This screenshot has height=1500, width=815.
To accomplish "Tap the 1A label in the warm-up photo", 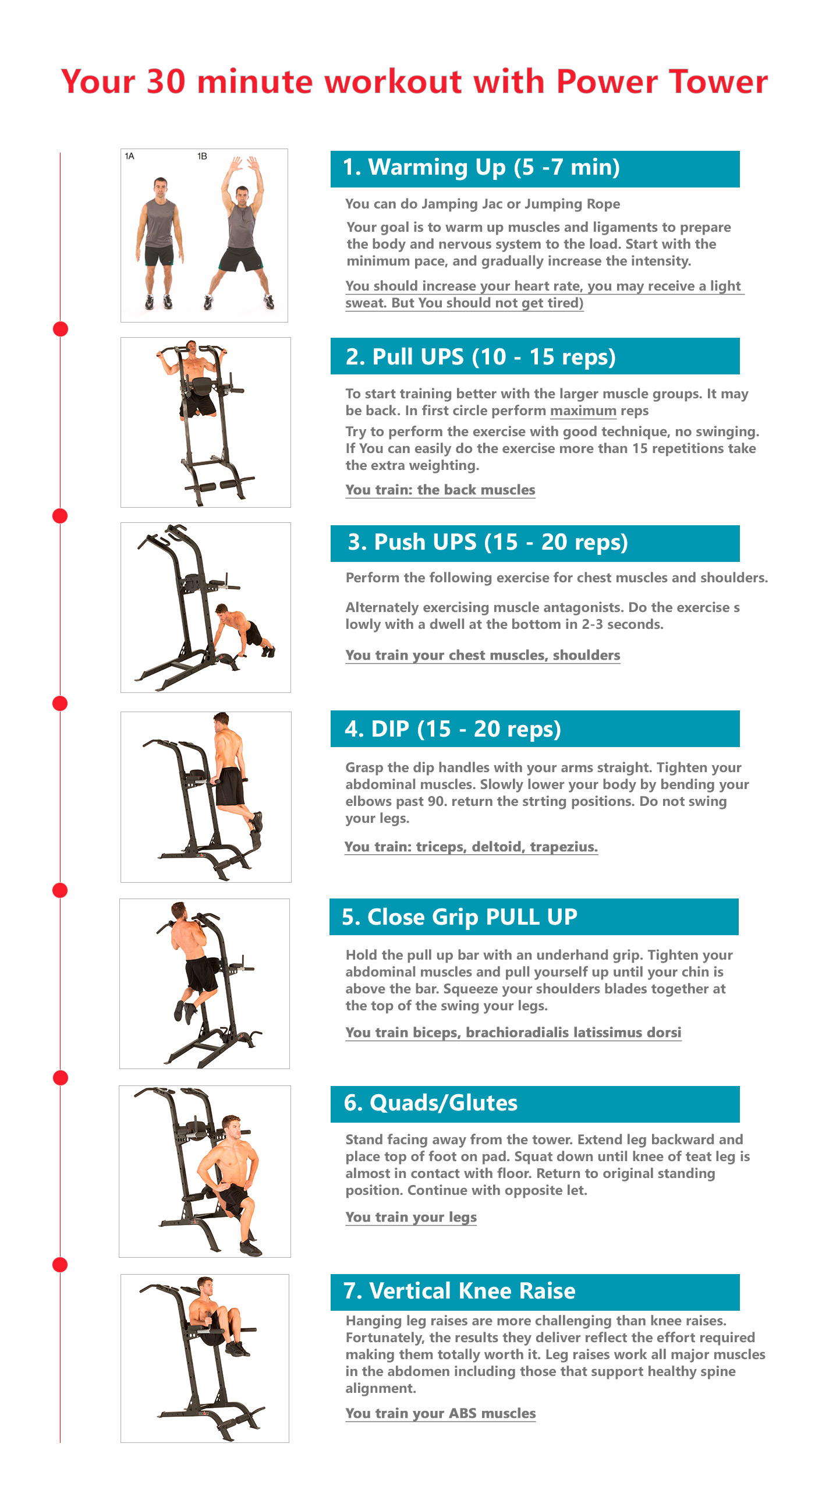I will (x=129, y=156).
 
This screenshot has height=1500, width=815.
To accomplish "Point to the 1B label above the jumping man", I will (x=202, y=156).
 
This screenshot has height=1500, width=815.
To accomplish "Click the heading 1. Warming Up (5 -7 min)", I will (x=481, y=168).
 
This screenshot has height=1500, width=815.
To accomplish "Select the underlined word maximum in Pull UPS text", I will (x=583, y=411).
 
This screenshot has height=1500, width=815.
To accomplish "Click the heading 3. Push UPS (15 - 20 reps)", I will (x=488, y=542).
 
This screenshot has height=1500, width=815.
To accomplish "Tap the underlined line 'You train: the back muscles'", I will (x=440, y=490).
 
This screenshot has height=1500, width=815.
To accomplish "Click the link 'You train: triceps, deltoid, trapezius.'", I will (x=471, y=847).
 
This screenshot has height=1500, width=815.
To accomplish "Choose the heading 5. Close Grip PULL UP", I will (x=459, y=917).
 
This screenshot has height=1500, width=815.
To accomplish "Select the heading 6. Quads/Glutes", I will (x=430, y=1103).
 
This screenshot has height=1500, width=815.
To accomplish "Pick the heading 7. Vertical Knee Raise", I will (x=459, y=1291).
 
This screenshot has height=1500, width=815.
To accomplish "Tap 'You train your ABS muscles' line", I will (x=440, y=1413).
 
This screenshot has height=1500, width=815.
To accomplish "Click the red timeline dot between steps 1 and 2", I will (x=61, y=329).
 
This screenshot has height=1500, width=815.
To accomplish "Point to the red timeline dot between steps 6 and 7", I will (x=60, y=1265).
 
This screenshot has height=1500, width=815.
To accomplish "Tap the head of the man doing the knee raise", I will (x=205, y=1283).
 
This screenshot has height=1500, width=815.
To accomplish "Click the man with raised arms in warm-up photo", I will (x=240, y=233).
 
